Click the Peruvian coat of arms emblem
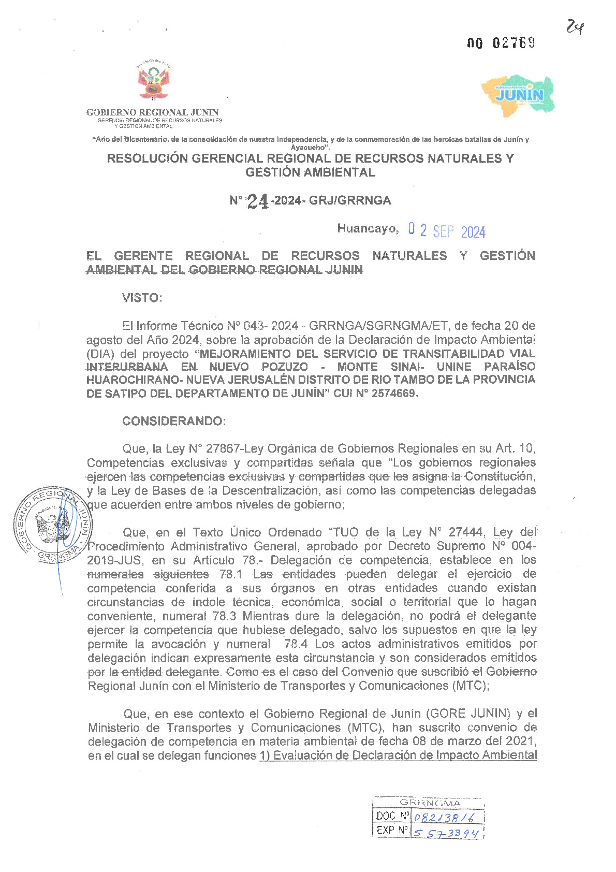click(x=154, y=81)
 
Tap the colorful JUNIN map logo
click(x=519, y=95)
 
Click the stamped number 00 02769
click(x=501, y=43)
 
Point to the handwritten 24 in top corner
click(x=575, y=27)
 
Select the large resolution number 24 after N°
click(x=258, y=201)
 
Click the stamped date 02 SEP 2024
click(x=446, y=230)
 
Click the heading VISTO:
click(x=142, y=298)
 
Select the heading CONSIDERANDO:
click(x=174, y=421)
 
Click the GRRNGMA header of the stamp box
click(x=430, y=803)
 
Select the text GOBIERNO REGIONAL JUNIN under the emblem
click(x=152, y=112)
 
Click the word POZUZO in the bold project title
click(x=285, y=367)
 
